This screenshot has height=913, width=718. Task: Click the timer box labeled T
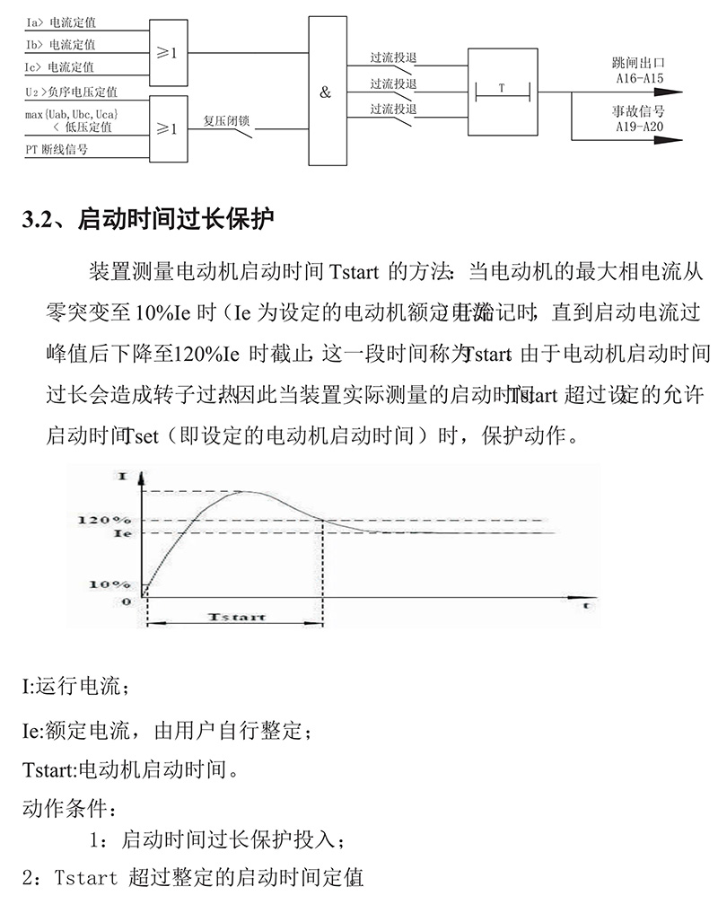(x=503, y=91)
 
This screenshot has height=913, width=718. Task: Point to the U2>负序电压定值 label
(x=71, y=91)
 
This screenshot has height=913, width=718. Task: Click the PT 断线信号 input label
(x=57, y=150)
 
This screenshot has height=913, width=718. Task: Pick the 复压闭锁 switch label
(x=227, y=119)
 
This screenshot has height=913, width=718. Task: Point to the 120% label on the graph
(x=105, y=521)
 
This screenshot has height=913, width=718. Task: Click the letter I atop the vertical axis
(x=122, y=475)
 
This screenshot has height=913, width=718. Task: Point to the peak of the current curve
(x=247, y=491)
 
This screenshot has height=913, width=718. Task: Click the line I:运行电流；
(x=76, y=688)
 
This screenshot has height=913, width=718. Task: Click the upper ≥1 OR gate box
(x=168, y=54)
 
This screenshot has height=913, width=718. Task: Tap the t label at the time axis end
(x=584, y=607)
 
